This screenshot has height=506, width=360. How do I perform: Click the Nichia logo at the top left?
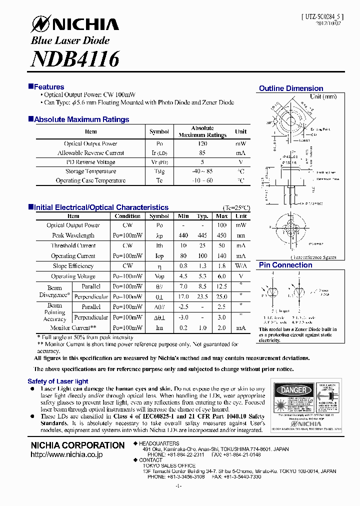pos(75,24)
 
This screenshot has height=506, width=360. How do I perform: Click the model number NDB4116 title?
pos(75,59)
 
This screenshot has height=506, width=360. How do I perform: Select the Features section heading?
pos(48,87)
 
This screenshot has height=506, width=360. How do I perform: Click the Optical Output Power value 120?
pos(202,143)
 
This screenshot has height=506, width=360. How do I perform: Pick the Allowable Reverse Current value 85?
pos(202,153)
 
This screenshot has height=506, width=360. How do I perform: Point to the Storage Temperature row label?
pos(90,171)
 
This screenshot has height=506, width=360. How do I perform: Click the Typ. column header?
pos(202,216)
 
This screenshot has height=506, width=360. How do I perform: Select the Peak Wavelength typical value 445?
pos(202,235)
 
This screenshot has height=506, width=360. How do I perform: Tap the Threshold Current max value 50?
pos(221,245)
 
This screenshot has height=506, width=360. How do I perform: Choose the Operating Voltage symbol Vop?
pos(159,276)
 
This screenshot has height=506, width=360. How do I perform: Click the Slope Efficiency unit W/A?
pos(241,266)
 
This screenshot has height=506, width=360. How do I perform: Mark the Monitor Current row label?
pos(69,327)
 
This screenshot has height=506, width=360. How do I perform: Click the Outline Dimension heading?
pos(291,88)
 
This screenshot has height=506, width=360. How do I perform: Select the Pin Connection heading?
pos(285,265)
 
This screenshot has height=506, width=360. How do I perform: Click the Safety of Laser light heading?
pos(58,381)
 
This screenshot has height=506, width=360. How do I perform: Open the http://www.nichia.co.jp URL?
pos(66,454)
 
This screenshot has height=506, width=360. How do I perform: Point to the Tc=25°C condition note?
pos(236,207)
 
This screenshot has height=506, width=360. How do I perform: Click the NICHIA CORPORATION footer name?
pos(77,445)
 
